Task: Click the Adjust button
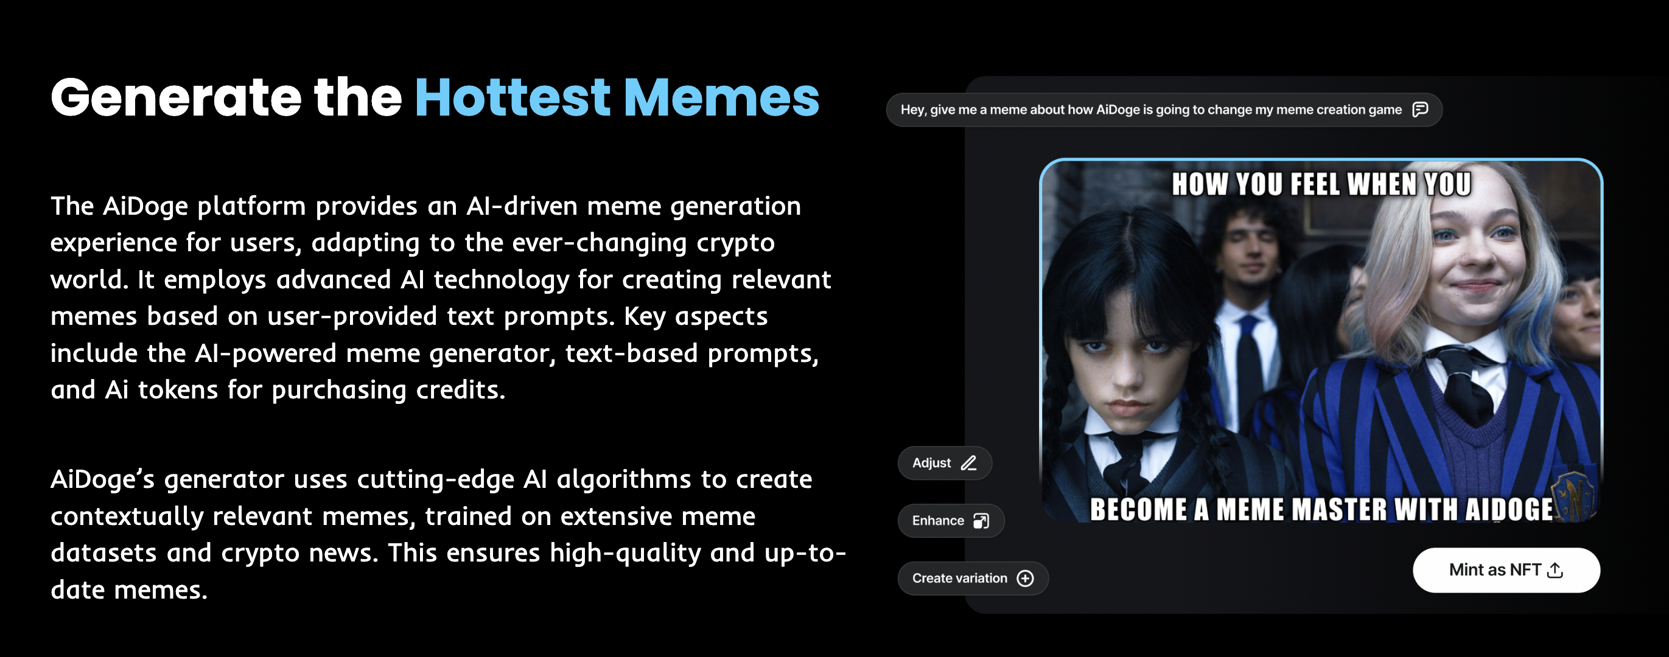[945, 463]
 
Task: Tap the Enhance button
[951, 520]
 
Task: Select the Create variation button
[973, 578]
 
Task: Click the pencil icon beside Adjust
[968, 463]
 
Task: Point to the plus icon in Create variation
[1025, 578]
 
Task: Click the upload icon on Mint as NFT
[1555, 570]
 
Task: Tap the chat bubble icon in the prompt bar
[1419, 109]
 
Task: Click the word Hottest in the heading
[513, 98]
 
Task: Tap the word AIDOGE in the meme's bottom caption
[1509, 509]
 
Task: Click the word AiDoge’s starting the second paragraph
[103, 479]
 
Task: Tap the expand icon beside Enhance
[981, 520]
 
